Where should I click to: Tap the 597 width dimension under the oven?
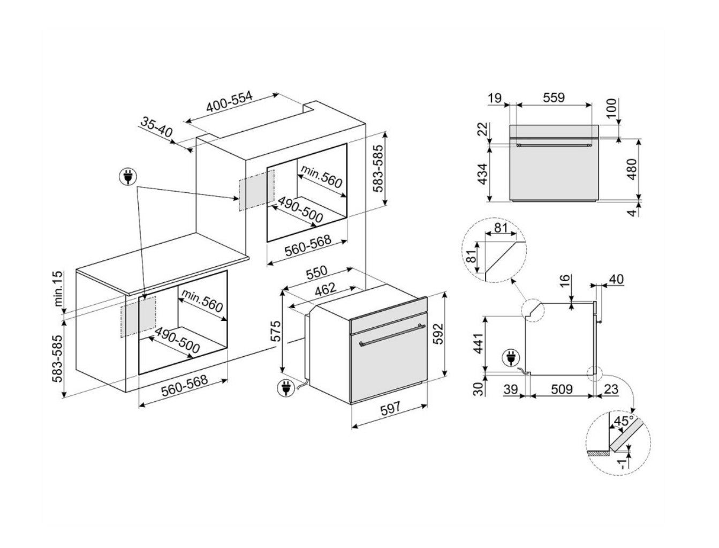(390, 409)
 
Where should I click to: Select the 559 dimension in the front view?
(554, 97)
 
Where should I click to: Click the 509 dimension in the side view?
(562, 389)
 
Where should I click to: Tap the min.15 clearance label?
(58, 290)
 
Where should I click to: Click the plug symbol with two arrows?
(128, 177)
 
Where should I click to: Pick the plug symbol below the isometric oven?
(285, 388)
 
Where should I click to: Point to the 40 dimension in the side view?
(616, 280)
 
